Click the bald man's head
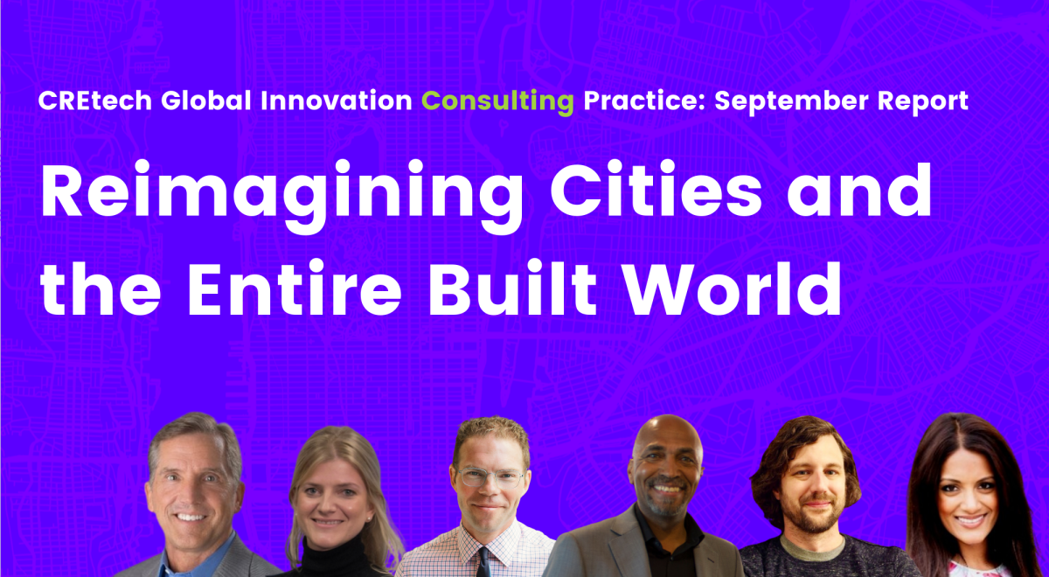point(669,437)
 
